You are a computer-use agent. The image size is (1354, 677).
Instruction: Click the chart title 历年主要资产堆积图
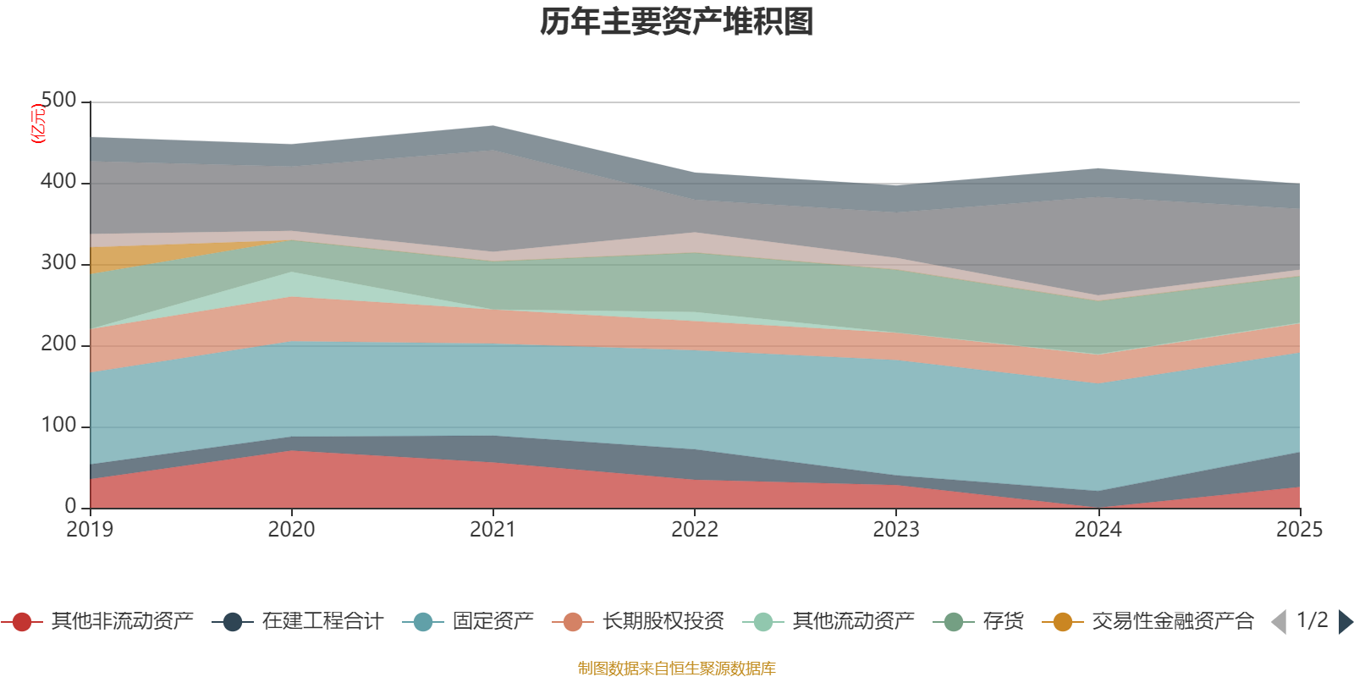coord(677,22)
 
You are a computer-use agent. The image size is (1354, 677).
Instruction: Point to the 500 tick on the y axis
coord(58,101)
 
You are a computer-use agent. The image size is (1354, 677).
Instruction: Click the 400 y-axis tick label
coord(58,182)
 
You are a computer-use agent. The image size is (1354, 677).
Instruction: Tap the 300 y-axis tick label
coord(58,263)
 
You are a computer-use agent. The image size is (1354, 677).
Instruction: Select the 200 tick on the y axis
coord(58,344)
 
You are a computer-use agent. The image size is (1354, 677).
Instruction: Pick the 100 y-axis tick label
coord(58,426)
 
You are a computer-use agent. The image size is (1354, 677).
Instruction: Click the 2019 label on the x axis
coord(91,530)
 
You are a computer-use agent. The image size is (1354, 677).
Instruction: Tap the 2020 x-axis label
coord(292,530)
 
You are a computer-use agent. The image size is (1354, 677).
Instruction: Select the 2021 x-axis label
coord(493,530)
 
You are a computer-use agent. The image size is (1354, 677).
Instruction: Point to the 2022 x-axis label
coord(695,530)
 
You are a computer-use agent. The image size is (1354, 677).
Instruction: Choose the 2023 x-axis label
coord(896,530)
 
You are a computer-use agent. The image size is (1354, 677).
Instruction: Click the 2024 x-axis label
coord(1098,530)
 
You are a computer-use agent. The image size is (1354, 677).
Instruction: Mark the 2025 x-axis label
coord(1299,530)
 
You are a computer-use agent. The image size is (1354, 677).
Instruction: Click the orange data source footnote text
coord(677,669)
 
